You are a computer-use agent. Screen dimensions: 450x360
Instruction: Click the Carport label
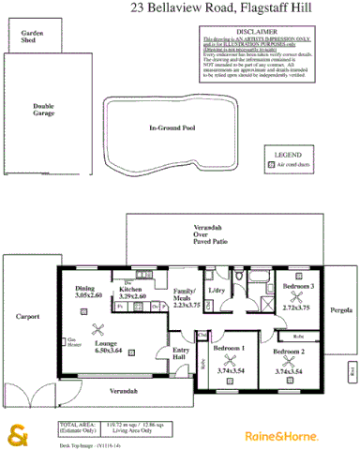pos(29,316)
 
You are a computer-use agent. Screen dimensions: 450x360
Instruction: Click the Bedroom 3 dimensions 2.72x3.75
pos(297,307)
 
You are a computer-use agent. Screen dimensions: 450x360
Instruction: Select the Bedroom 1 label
pos(229,349)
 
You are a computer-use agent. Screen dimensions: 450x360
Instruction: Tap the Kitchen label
pos(131,291)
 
